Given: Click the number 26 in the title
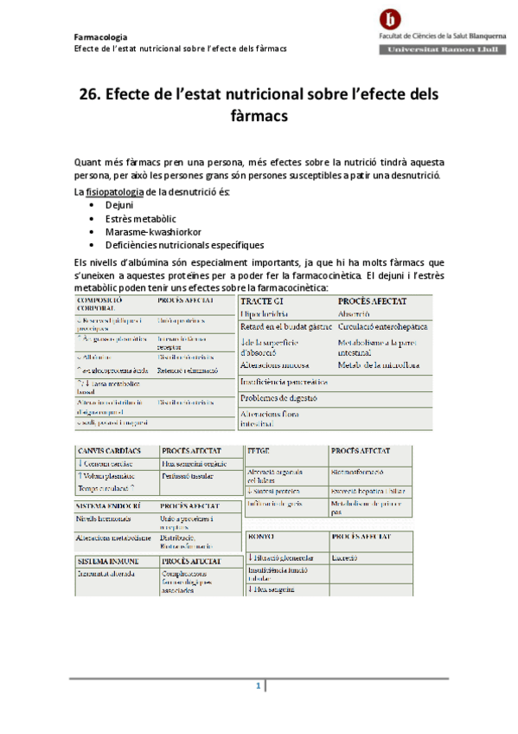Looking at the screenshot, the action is point(90,93).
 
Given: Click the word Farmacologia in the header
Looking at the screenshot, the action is point(100,37).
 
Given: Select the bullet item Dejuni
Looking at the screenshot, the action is point(119,206).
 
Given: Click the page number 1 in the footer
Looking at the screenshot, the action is point(258,686).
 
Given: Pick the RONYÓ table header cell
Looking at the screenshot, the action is point(261,536).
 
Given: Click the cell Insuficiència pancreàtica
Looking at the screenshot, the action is point(284,381).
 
